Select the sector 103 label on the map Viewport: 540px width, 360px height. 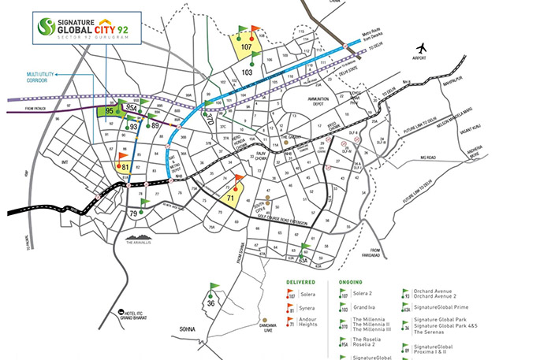pyautogui.click(x=247, y=72)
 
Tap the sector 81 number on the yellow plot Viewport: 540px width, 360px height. pyautogui.click(x=124, y=167)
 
